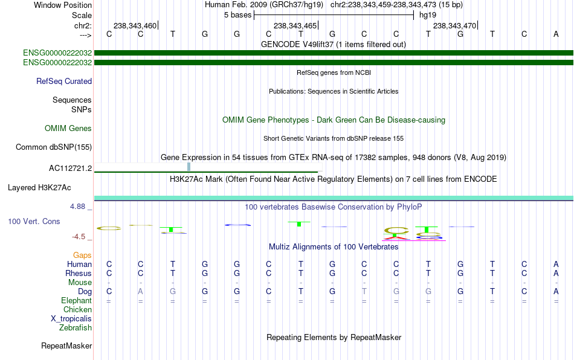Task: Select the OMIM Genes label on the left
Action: (68, 129)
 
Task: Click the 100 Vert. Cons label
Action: (34, 222)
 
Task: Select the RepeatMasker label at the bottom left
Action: (66, 346)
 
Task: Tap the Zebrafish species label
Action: (76, 328)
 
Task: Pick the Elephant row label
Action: (76, 301)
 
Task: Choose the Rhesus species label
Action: (78, 274)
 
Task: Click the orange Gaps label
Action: (82, 256)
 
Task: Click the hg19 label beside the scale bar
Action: (428, 14)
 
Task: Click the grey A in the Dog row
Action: (141, 292)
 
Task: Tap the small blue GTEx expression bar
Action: (189, 167)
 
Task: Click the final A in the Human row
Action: (556, 265)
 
